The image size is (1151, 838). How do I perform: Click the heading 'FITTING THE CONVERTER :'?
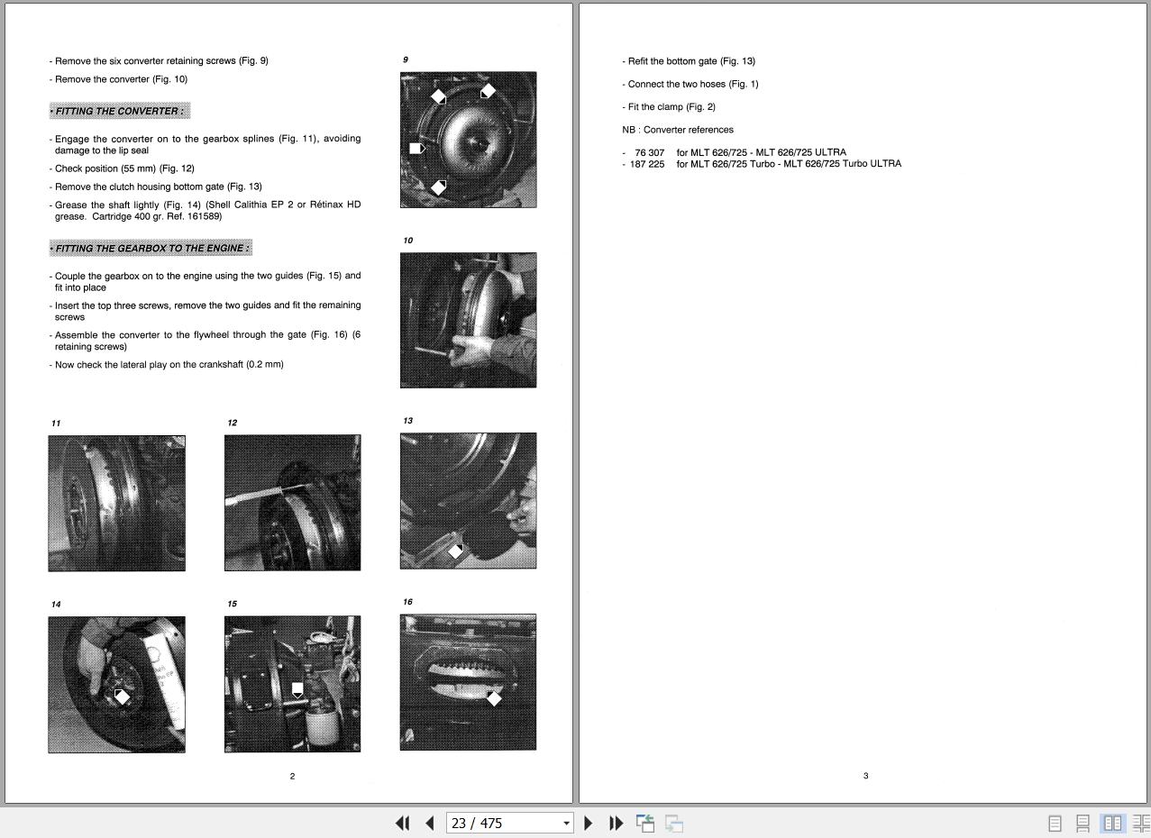[x=120, y=111]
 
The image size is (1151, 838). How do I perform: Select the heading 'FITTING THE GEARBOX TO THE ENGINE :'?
[x=151, y=248]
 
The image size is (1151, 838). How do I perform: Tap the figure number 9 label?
[x=406, y=59]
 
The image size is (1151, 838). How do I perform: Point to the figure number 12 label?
[x=233, y=423]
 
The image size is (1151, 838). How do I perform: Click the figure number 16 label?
[x=408, y=602]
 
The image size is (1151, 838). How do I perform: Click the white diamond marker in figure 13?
[x=455, y=551]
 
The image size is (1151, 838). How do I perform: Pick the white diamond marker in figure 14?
[x=122, y=697]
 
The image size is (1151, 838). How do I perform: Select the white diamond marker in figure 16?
[x=494, y=698]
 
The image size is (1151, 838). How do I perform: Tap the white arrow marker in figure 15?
[x=297, y=690]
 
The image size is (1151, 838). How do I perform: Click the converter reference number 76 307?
[x=650, y=152]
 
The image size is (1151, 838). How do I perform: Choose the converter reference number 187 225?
[x=647, y=164]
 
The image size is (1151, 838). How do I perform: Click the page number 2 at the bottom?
[x=292, y=776]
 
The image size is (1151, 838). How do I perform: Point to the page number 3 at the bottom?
[x=866, y=775]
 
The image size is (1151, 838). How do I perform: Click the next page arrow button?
[x=589, y=823]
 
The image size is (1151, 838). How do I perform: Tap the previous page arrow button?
[x=430, y=823]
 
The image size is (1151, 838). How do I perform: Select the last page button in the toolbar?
[x=616, y=823]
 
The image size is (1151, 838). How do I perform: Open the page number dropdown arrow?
[x=566, y=823]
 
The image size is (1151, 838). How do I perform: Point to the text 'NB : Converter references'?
[x=678, y=130]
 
